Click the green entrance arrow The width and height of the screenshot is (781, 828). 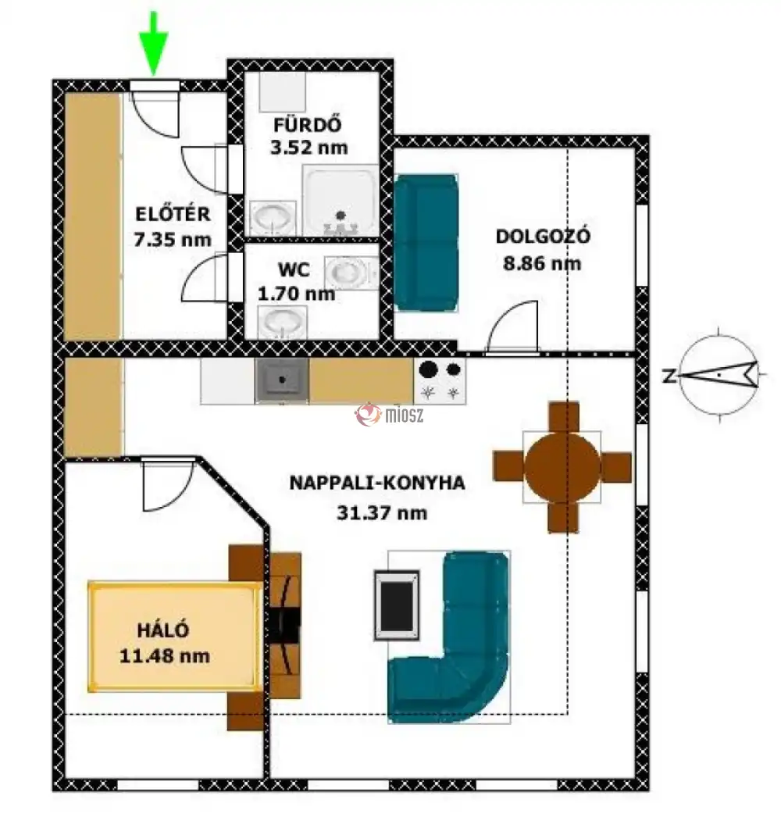tap(154, 43)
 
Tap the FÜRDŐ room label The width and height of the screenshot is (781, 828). tap(308, 125)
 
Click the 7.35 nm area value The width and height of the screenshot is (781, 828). tap(173, 240)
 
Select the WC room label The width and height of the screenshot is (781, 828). tap(294, 269)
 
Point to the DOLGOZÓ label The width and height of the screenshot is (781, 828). tap(543, 235)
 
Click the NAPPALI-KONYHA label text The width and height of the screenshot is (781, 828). tap(377, 483)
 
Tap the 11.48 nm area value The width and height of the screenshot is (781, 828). tap(165, 656)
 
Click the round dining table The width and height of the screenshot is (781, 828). tap(563, 467)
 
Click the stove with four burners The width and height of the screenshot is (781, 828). tap(440, 381)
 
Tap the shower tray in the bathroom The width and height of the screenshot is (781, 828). tap(341, 200)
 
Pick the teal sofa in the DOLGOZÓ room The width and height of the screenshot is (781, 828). tap(426, 242)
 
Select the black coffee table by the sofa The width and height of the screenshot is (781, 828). tap(397, 605)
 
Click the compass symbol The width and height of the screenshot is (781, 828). tap(719, 375)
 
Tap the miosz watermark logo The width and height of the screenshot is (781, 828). tap(390, 415)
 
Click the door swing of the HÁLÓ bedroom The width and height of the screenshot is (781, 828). tap(168, 485)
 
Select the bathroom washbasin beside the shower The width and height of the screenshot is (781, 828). tap(273, 218)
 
